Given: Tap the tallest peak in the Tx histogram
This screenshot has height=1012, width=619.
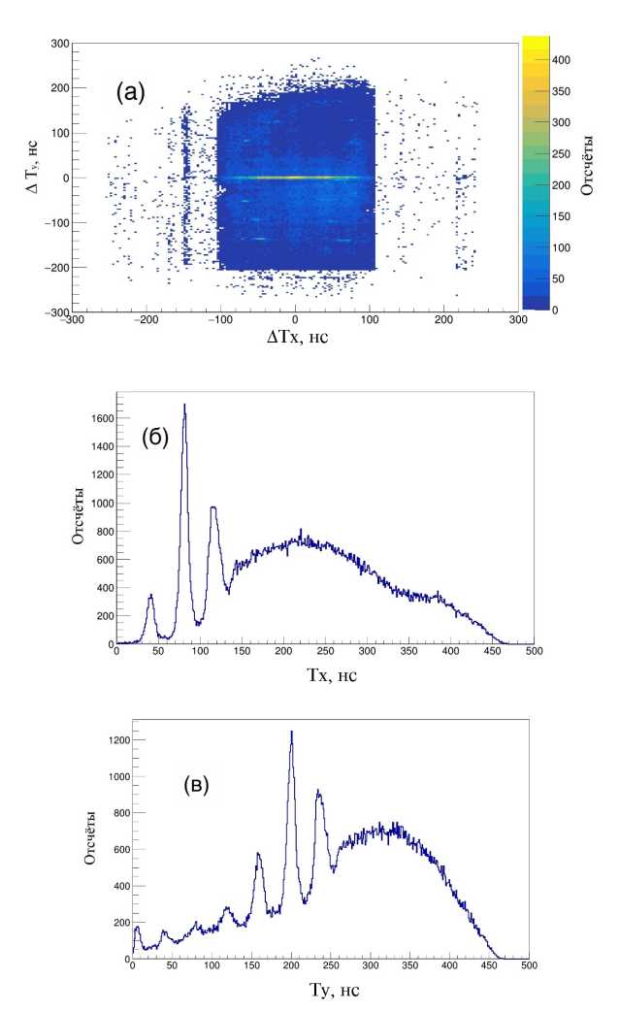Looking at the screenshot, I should (x=184, y=406).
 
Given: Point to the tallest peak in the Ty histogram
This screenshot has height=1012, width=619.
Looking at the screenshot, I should (x=291, y=733).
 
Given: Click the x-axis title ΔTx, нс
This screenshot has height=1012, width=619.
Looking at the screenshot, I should (x=296, y=343).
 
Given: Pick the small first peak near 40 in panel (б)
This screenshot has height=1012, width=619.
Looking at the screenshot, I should (x=150, y=597).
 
